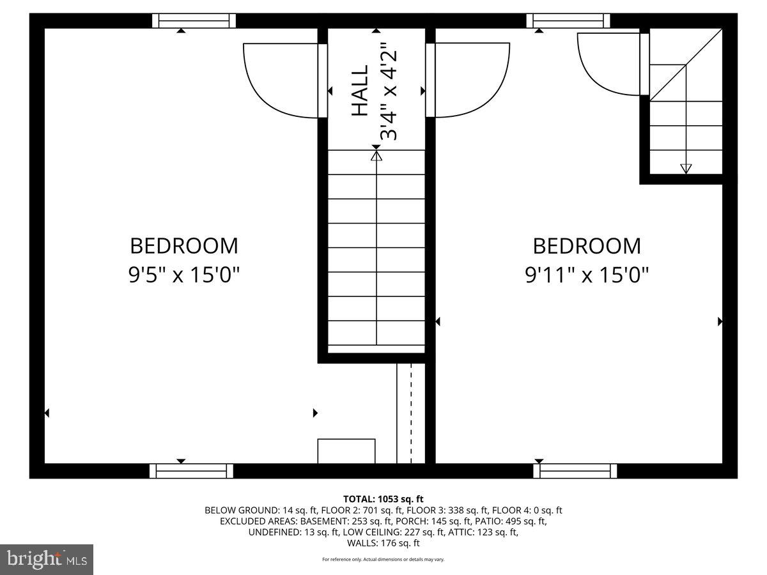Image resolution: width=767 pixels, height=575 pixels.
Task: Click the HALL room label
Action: pyautogui.click(x=360, y=91)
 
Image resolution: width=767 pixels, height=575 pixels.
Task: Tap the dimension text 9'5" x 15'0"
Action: pyautogui.click(x=184, y=275)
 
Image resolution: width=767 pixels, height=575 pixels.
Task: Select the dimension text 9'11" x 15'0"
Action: pyautogui.click(x=586, y=275)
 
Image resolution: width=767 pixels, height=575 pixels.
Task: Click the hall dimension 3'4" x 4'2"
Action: pyautogui.click(x=389, y=91)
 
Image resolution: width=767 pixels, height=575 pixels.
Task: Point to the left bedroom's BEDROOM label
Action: pyautogui.click(x=184, y=245)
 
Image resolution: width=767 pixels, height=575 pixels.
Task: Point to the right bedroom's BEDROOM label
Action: pyautogui.click(x=586, y=245)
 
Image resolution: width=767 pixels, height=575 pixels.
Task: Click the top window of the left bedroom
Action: pyautogui.click(x=194, y=21)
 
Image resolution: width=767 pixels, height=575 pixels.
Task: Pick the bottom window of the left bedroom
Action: pyautogui.click(x=191, y=471)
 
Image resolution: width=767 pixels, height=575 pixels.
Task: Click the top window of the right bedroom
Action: pyautogui.click(x=568, y=21)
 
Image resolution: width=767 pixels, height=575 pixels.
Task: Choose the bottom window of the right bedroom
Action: pyautogui.click(x=575, y=471)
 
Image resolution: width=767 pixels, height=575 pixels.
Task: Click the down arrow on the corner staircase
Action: pyautogui.click(x=686, y=169)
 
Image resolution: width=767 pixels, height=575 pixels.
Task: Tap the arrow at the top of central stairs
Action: pyautogui.click(x=376, y=155)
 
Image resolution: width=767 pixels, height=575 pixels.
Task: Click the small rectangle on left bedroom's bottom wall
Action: pyautogui.click(x=346, y=451)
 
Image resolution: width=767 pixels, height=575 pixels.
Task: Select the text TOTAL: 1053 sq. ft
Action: pyautogui.click(x=383, y=499)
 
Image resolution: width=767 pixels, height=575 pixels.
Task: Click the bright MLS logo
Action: pyautogui.click(x=47, y=560)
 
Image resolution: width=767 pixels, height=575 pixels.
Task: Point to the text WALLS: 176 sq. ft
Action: pyautogui.click(x=383, y=543)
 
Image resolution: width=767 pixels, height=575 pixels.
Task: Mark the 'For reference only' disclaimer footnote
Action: pyautogui.click(x=383, y=560)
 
